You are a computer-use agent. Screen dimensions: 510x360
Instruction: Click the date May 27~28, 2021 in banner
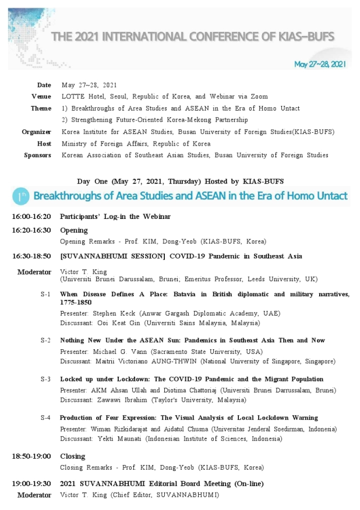point(320,64)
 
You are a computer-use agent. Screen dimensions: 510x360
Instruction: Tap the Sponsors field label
point(38,155)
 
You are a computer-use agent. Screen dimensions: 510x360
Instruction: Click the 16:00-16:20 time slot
point(31,217)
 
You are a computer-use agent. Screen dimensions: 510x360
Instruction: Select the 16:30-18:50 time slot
point(31,256)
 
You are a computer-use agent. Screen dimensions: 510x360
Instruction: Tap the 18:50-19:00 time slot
point(31,456)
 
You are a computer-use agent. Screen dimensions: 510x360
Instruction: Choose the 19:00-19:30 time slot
point(31,483)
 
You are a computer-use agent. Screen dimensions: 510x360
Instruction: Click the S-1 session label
point(45,295)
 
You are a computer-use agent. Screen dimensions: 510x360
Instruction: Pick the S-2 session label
point(45,340)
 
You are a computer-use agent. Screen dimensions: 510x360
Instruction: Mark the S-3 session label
point(45,379)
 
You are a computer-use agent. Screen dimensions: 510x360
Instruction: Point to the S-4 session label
point(45,417)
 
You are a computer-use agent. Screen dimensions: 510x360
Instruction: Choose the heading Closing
point(72,456)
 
